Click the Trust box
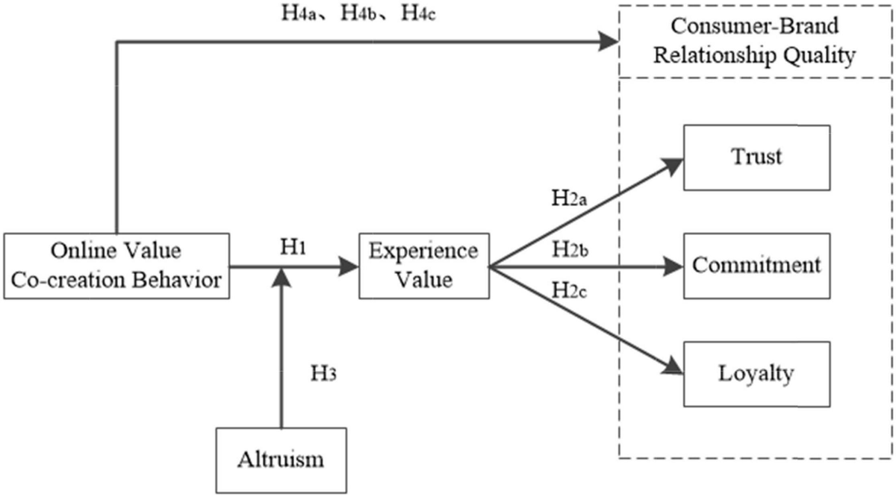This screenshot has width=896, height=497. pos(756,157)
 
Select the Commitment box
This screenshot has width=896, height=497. pos(756,265)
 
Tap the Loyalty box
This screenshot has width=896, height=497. pos(756,372)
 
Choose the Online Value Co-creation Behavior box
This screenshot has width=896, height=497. pos(116,265)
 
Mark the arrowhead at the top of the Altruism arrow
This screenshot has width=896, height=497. pos(281,277)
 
